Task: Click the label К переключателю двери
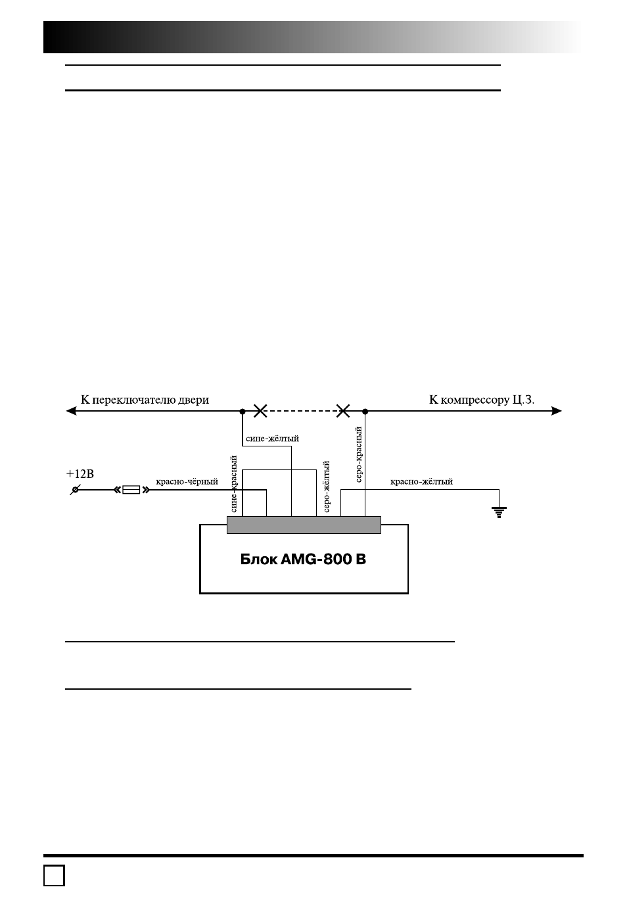click(x=145, y=400)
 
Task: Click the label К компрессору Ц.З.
click(x=482, y=400)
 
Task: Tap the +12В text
click(x=80, y=474)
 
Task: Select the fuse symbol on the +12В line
click(x=131, y=490)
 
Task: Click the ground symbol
click(x=499, y=512)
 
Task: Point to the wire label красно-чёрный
click(x=187, y=481)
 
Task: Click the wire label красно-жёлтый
click(x=421, y=481)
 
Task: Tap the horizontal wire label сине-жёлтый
click(x=272, y=439)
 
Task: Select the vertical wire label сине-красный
click(x=233, y=484)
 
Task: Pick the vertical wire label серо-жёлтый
click(x=327, y=487)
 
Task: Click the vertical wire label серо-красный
click(x=358, y=454)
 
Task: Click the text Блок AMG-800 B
click(x=303, y=560)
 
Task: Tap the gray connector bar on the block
click(x=304, y=525)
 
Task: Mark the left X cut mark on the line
click(x=260, y=411)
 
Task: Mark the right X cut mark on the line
click(x=343, y=411)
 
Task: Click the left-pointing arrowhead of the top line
click(x=71, y=411)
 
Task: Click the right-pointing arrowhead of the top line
click(x=557, y=411)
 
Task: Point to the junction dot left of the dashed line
click(x=243, y=412)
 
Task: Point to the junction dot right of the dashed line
click(x=365, y=412)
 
